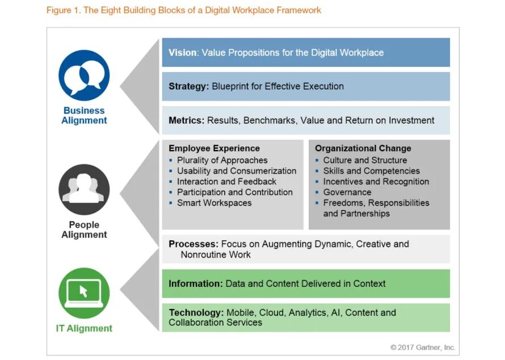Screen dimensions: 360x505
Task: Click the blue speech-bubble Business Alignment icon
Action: (84, 76)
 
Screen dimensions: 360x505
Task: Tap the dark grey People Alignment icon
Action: (84, 190)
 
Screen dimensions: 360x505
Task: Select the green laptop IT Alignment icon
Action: (84, 293)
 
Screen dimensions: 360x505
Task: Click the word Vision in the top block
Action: (182, 53)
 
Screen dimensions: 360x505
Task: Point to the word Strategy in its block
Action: (188, 86)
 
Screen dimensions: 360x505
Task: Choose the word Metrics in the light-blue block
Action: (186, 120)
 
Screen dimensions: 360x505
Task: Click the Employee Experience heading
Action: (214, 149)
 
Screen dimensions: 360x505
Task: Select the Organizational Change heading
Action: (364, 149)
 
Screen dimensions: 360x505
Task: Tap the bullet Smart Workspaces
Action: (214, 203)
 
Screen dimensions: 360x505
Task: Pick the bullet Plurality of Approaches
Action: (222, 160)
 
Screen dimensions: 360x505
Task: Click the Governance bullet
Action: (347, 192)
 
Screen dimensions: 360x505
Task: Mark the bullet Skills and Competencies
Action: (371, 171)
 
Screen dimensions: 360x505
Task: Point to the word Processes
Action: (193, 244)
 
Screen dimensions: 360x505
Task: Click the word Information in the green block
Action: (195, 283)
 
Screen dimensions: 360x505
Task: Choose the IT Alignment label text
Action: (84, 328)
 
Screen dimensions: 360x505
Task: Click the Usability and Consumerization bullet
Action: (236, 171)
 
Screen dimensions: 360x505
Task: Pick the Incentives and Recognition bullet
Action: (376, 182)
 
